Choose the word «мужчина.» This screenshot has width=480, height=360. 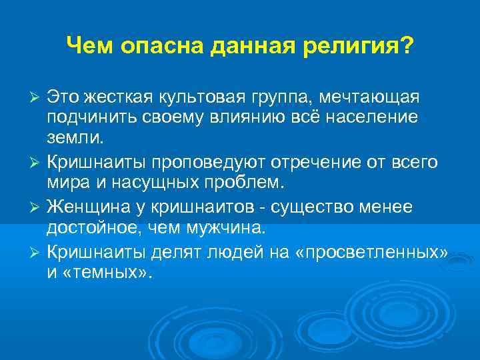click(x=227, y=229)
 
